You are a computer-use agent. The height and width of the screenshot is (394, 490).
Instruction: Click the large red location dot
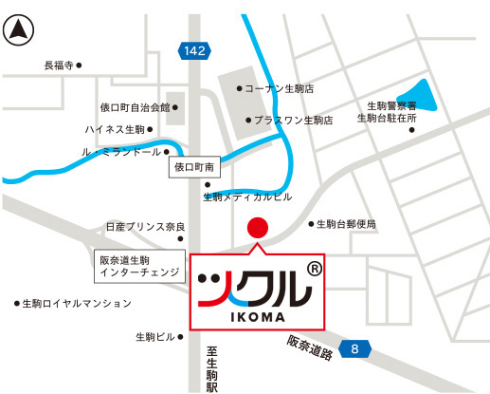pos(257,229)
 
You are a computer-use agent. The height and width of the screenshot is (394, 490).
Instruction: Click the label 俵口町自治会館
pos(135,108)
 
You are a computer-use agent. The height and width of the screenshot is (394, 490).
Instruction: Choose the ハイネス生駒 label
pos(114,129)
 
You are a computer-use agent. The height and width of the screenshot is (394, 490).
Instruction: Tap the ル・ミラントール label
pos(122,152)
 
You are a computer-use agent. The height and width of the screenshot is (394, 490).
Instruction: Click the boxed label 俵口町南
pos(196,168)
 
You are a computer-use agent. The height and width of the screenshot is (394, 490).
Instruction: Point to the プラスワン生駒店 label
pos(294,122)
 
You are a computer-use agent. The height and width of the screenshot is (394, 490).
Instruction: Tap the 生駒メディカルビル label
pos(248,197)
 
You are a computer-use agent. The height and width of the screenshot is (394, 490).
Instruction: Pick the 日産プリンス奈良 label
pos(145,228)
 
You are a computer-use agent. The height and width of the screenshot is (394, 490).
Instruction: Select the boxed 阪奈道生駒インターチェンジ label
pos(138,266)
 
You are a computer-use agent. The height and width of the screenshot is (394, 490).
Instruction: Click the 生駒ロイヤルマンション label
pos(77,304)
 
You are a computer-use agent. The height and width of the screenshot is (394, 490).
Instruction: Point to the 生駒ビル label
pos(155,337)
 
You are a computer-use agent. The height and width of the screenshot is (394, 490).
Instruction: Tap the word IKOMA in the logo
pos(256,318)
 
